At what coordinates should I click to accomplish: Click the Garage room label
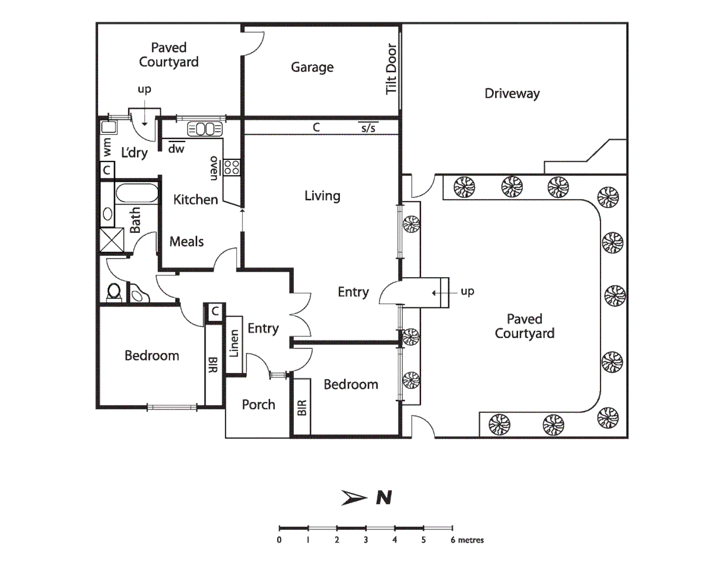pyautogui.click(x=312, y=67)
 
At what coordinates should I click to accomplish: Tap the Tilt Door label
pyautogui.click(x=391, y=69)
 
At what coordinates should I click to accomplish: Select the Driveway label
pyautogui.click(x=511, y=94)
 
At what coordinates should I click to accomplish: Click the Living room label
pyautogui.click(x=322, y=196)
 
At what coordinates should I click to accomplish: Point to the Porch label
pyautogui.click(x=258, y=404)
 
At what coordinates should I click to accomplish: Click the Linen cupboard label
pyautogui.click(x=234, y=343)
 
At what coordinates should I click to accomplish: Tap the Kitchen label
pyautogui.click(x=195, y=200)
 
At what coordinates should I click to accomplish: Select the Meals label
pyautogui.click(x=186, y=242)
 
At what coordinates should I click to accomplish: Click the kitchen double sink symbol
pyautogui.click(x=205, y=129)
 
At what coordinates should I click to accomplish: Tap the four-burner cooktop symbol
pyautogui.click(x=232, y=168)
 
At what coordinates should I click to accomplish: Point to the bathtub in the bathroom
pyautogui.click(x=137, y=193)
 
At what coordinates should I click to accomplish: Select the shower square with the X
pyautogui.click(x=112, y=240)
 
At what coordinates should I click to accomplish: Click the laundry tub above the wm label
pyautogui.click(x=109, y=127)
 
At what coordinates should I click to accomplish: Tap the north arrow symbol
pyautogui.click(x=354, y=498)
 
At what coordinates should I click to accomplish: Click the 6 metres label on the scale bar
pyautogui.click(x=467, y=540)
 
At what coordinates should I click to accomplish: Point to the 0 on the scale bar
pyautogui.click(x=279, y=540)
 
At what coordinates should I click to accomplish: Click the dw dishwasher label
pyautogui.click(x=176, y=149)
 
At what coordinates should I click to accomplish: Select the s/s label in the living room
pyautogui.click(x=368, y=128)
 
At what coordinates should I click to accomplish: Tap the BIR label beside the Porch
pyautogui.click(x=302, y=408)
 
